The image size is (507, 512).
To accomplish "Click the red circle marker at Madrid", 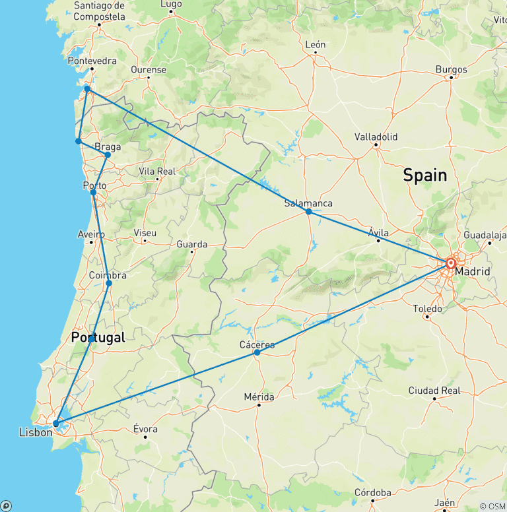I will [x=451, y=263].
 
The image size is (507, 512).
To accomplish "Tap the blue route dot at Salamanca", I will [x=308, y=212].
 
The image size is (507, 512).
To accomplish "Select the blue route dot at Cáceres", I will [x=257, y=352].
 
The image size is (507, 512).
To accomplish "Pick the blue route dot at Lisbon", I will [x=56, y=424].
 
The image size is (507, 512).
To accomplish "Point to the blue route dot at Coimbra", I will [x=109, y=284].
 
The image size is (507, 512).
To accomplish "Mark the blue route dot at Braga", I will [x=108, y=155].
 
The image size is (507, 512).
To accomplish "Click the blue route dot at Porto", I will [x=93, y=193].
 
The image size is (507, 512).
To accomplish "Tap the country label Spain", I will [x=424, y=176].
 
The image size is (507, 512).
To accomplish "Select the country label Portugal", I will [x=98, y=337].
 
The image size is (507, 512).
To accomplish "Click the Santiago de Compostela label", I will [x=99, y=11].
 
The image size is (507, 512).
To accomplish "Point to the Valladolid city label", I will [x=375, y=137].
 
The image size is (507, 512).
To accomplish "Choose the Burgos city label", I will [x=452, y=69].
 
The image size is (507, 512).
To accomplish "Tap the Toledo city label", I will [x=427, y=308].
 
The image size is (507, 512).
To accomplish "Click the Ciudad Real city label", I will [x=434, y=391].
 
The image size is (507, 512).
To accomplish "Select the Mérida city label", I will [x=259, y=397].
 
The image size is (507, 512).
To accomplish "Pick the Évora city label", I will [x=145, y=428].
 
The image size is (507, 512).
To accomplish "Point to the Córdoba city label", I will [x=372, y=492].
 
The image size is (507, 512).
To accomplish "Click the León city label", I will [x=316, y=45].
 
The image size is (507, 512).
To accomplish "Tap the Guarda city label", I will [x=191, y=244].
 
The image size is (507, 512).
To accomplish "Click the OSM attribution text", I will [x=492, y=506].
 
